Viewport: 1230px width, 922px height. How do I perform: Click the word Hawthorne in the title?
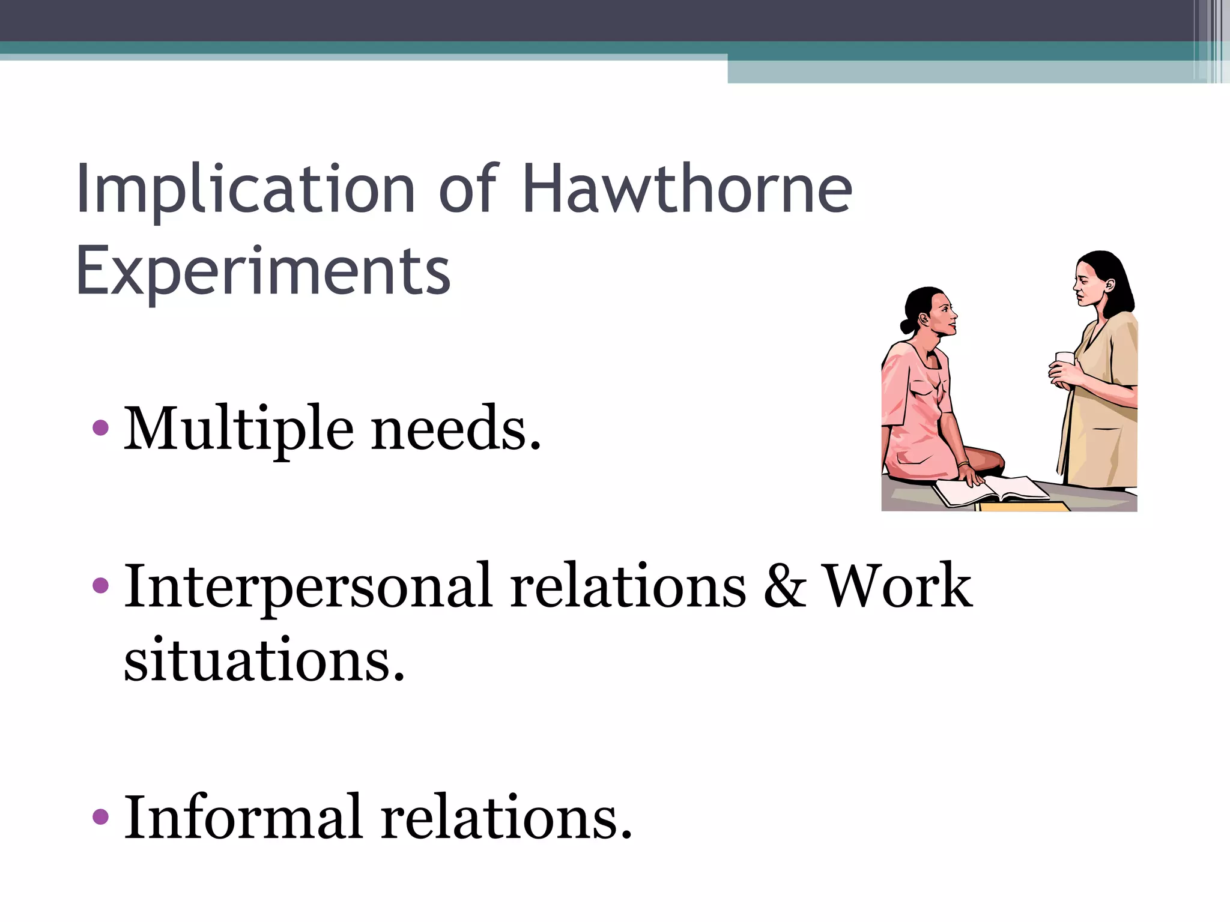pyautogui.click(x=687, y=189)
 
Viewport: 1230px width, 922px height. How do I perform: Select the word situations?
pyautogui.click(x=264, y=661)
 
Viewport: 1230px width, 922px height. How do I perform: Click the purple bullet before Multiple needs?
pyautogui.click(x=101, y=428)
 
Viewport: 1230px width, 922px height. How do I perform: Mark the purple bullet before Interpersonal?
pyautogui.click(x=101, y=585)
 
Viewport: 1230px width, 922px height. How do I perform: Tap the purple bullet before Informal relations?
pyautogui.click(x=101, y=816)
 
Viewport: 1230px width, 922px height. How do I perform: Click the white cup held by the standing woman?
pyautogui.click(x=1064, y=360)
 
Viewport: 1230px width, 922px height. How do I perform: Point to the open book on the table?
pyautogui.click(x=991, y=489)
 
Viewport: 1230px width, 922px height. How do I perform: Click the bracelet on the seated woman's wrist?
pyautogui.click(x=963, y=465)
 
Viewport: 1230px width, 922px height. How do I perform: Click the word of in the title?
pyautogui.click(x=468, y=189)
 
